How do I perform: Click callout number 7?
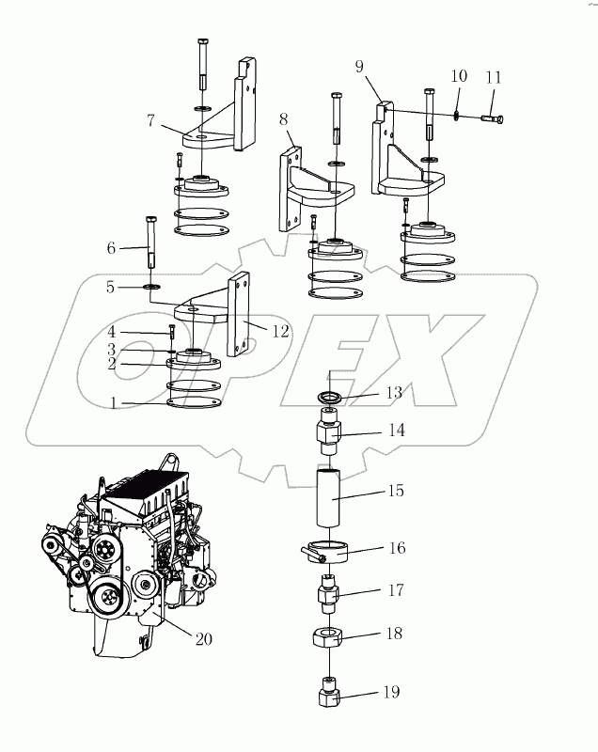pyautogui.click(x=150, y=119)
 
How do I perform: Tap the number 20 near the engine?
pyautogui.click(x=202, y=639)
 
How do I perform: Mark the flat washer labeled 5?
pyautogui.click(x=151, y=285)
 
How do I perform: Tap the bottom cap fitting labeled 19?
pyautogui.click(x=328, y=699)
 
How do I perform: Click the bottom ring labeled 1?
pyautogui.click(x=195, y=402)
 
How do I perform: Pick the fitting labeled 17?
pyautogui.click(x=328, y=594)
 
